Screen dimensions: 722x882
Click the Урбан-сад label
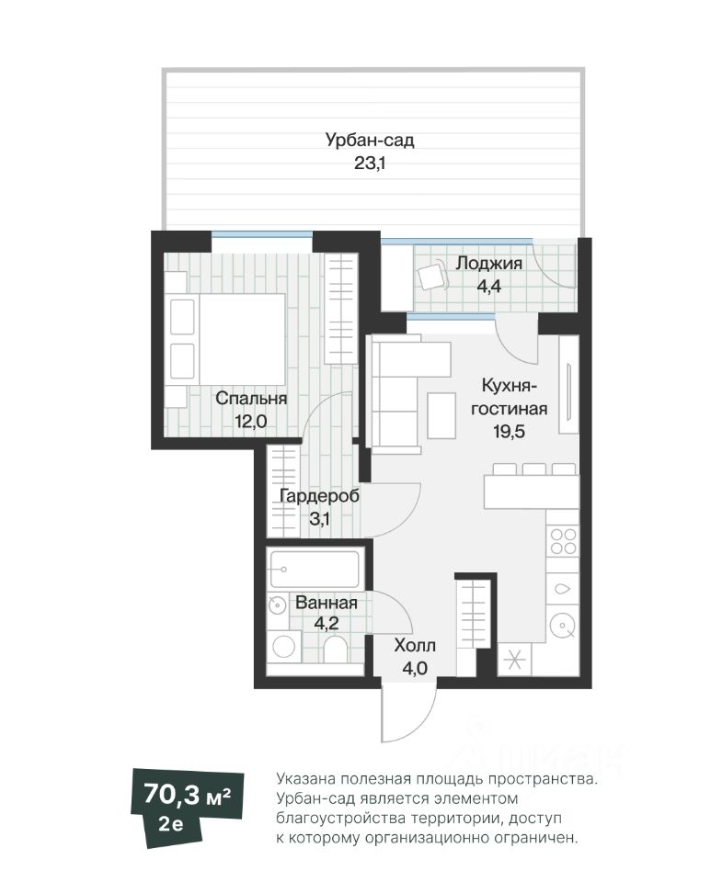tap(370, 140)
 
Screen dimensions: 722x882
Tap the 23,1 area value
tap(370, 164)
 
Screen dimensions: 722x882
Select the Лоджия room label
tap(488, 263)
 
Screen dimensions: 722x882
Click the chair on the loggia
tap(432, 277)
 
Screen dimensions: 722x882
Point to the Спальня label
tap(251, 398)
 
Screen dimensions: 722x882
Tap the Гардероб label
tap(319, 496)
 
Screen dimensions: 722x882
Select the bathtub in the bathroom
tap(315, 570)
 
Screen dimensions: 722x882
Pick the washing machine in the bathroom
tap(284, 646)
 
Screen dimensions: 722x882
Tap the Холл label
tap(415, 645)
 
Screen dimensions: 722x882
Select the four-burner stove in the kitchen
tap(563, 541)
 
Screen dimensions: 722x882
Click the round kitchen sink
tap(563, 625)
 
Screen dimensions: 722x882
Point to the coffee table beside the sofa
tap(442, 416)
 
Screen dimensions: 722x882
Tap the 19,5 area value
tap(510, 432)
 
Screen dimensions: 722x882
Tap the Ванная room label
tap(327, 603)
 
